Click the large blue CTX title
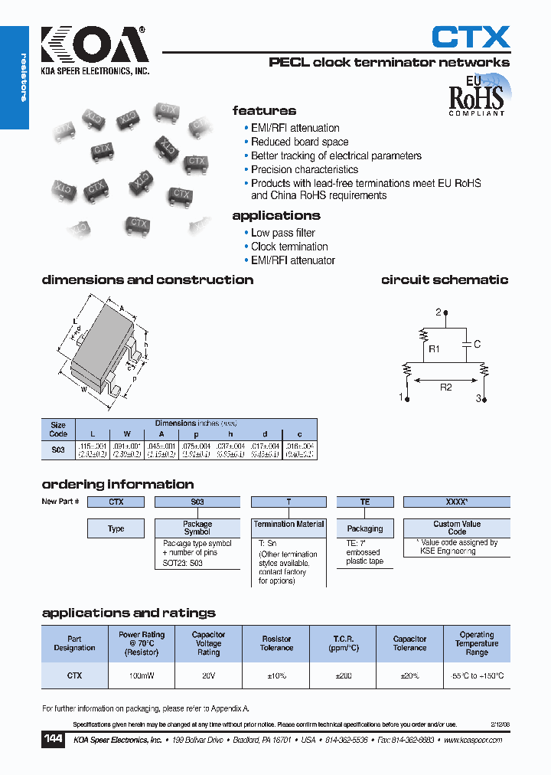coord(471,37)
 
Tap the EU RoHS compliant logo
coord(476,96)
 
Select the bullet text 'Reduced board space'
coord(299,142)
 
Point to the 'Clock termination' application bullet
coord(289,247)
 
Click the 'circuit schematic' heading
coord(445,280)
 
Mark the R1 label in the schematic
coord(434,349)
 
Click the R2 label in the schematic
coord(445,387)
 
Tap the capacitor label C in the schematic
coord(477,345)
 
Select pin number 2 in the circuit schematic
coord(439,312)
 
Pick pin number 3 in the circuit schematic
coord(479,398)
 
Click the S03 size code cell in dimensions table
coord(58,450)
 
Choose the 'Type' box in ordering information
coord(116,528)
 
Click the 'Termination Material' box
coord(289,525)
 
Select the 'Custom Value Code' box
coord(457,528)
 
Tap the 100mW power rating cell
coord(142,676)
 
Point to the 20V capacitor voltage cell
coord(208,676)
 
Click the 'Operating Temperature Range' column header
coord(477,643)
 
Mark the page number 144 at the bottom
coord(53,740)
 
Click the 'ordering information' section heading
coord(118,484)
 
